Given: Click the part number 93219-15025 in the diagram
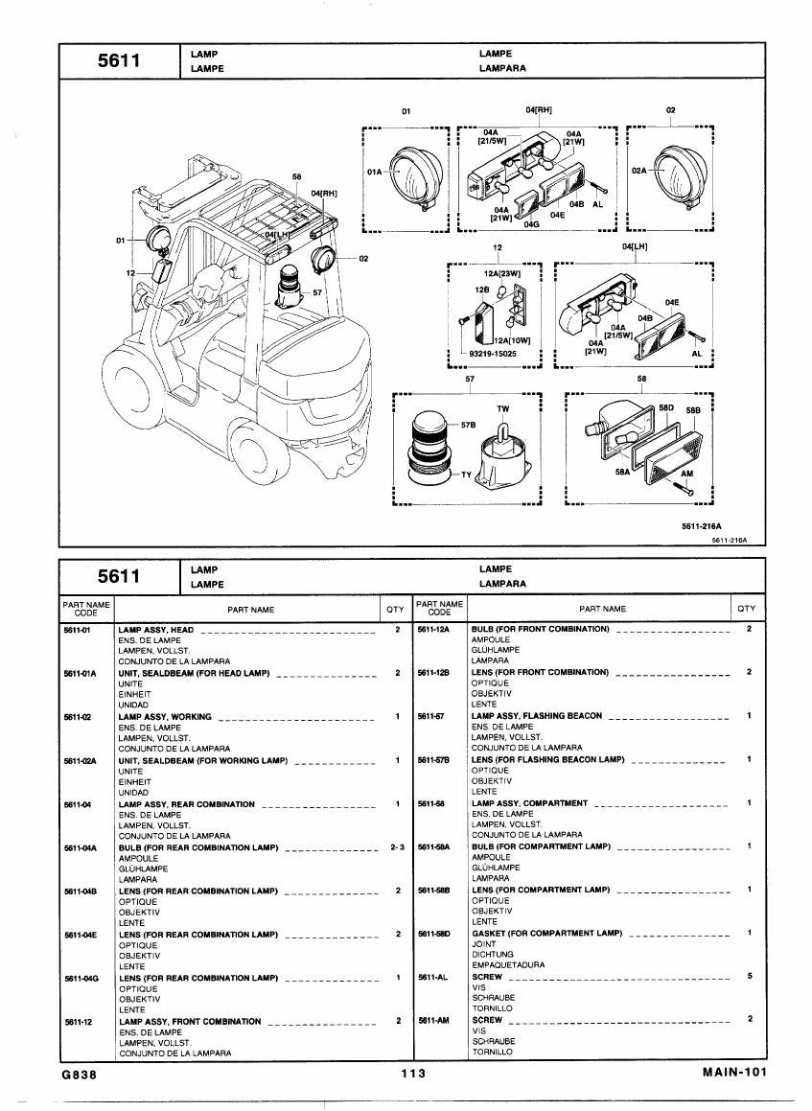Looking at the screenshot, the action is tap(493, 354).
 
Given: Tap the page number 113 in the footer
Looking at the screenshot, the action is tap(413, 1074).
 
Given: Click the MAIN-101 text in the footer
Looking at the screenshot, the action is tap(734, 1072).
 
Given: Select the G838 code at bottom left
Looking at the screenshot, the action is tap(79, 1075).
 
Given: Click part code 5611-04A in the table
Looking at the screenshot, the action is tap(81, 848).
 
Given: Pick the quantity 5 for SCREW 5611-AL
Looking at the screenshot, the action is tap(750, 977).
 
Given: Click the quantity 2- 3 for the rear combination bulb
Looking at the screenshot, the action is tap(397, 847).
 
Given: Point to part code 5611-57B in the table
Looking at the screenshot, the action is tap(433, 759).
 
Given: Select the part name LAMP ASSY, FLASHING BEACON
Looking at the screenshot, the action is tap(536, 716).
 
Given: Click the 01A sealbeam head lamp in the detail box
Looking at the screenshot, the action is tap(418, 175).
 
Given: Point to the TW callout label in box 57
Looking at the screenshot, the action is tap(503, 408).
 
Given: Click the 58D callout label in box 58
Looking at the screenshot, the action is tap(666, 408).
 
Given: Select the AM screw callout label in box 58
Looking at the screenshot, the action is tap(686, 474).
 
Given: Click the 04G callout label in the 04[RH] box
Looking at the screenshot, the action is tap(531, 224).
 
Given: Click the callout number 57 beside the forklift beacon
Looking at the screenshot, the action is tap(316, 292).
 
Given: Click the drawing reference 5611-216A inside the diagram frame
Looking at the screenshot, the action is tap(702, 526).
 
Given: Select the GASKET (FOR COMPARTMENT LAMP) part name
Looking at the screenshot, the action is tap(547, 933).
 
